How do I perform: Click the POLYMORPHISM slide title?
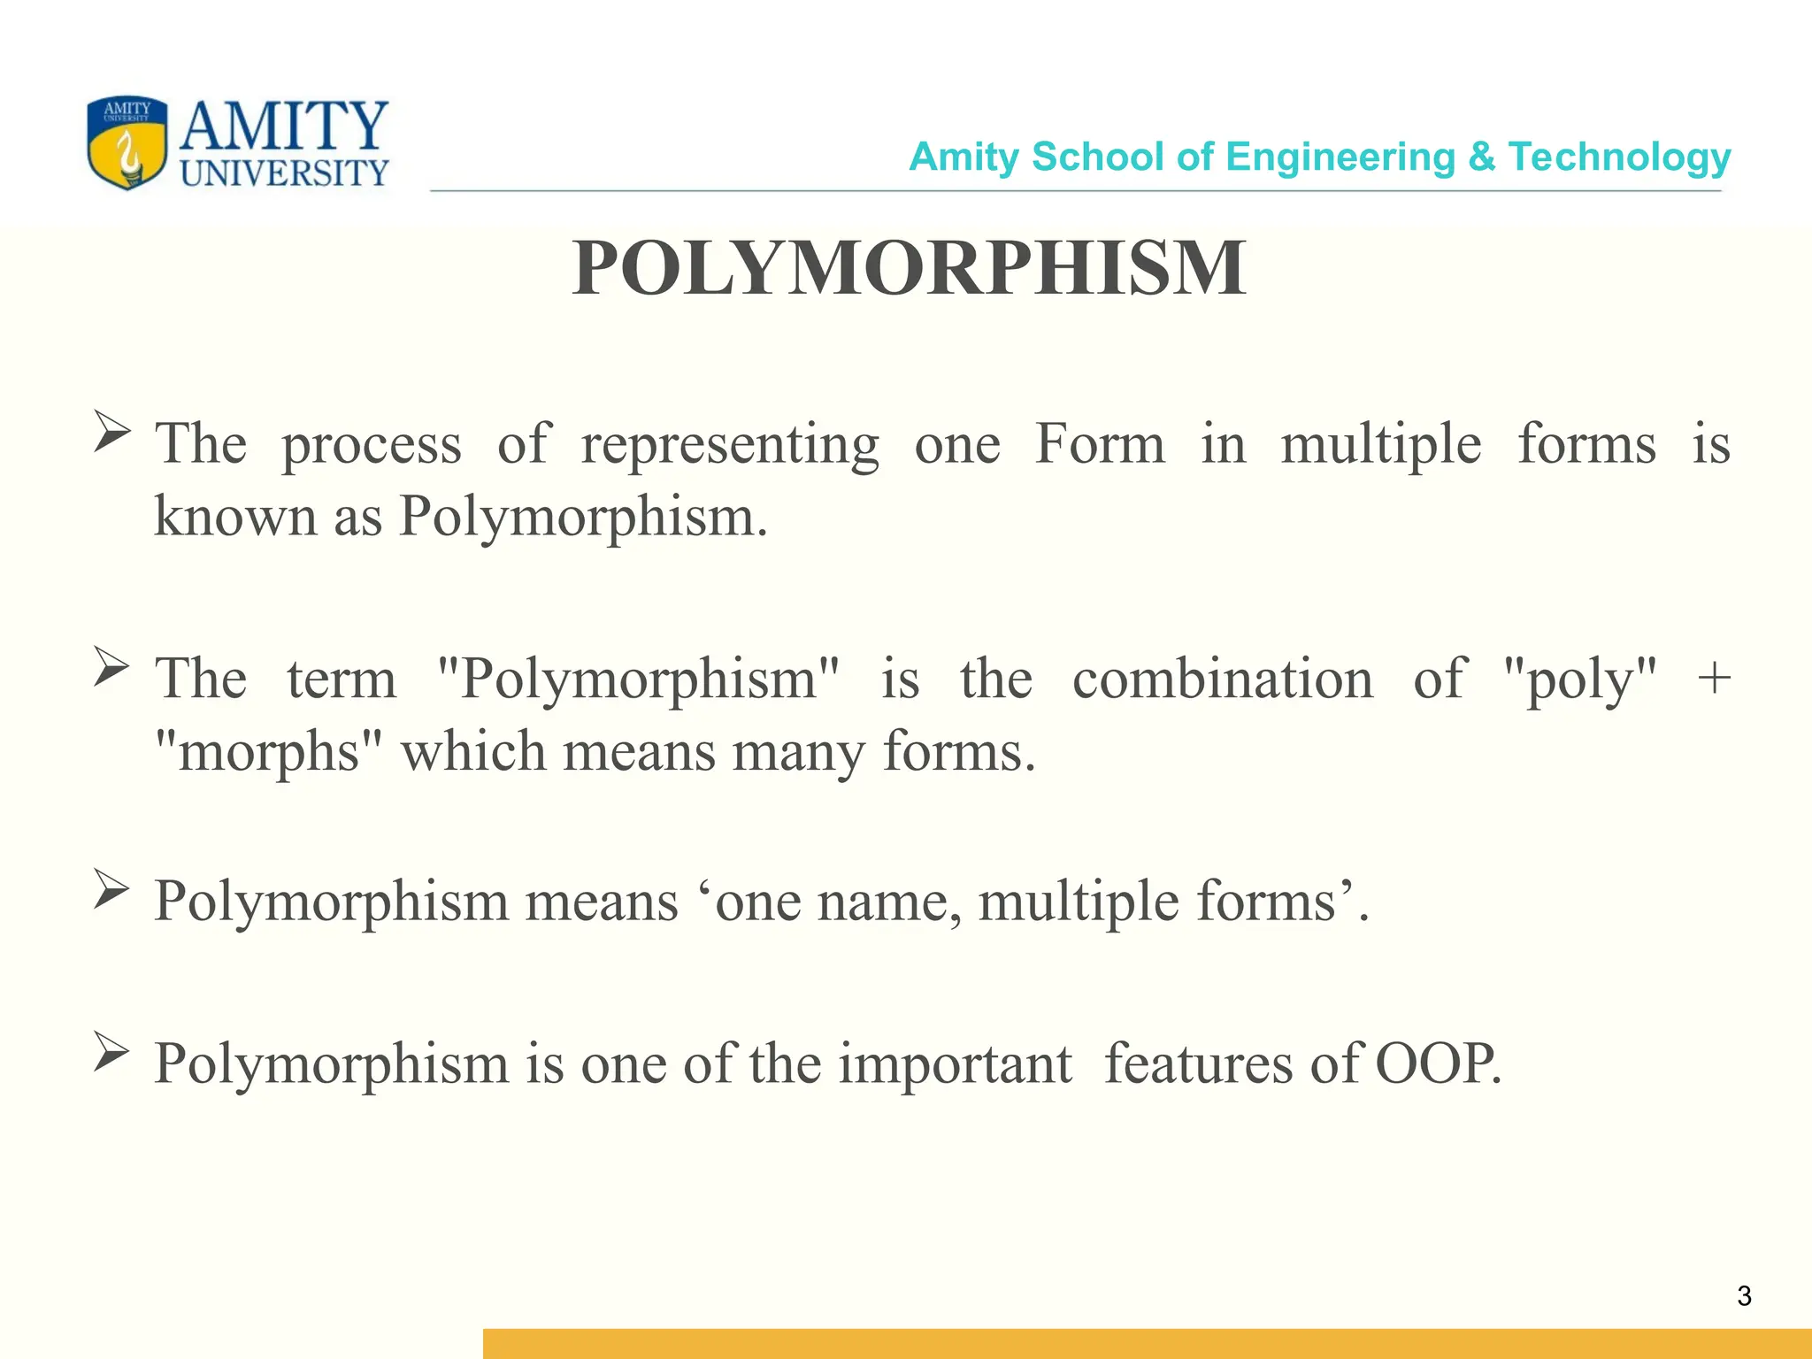click(x=909, y=268)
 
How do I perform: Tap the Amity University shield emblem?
click(x=127, y=143)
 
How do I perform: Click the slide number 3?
click(x=1744, y=1296)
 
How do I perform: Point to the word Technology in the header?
click(x=1619, y=157)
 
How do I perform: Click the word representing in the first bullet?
click(x=729, y=445)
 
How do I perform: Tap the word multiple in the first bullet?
click(x=1380, y=445)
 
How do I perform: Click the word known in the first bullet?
click(x=234, y=517)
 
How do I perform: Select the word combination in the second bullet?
click(x=1223, y=679)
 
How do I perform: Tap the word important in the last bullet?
click(x=955, y=1063)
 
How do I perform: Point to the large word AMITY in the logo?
click(x=284, y=126)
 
